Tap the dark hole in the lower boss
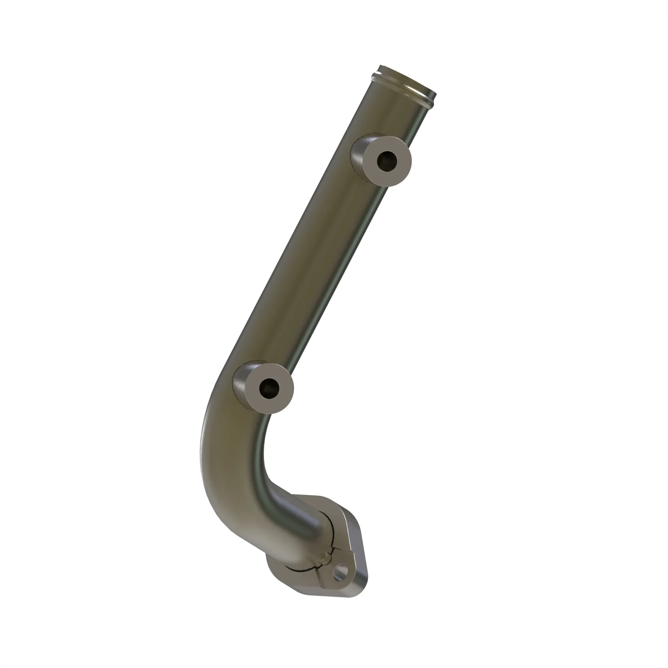tap(269, 387)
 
